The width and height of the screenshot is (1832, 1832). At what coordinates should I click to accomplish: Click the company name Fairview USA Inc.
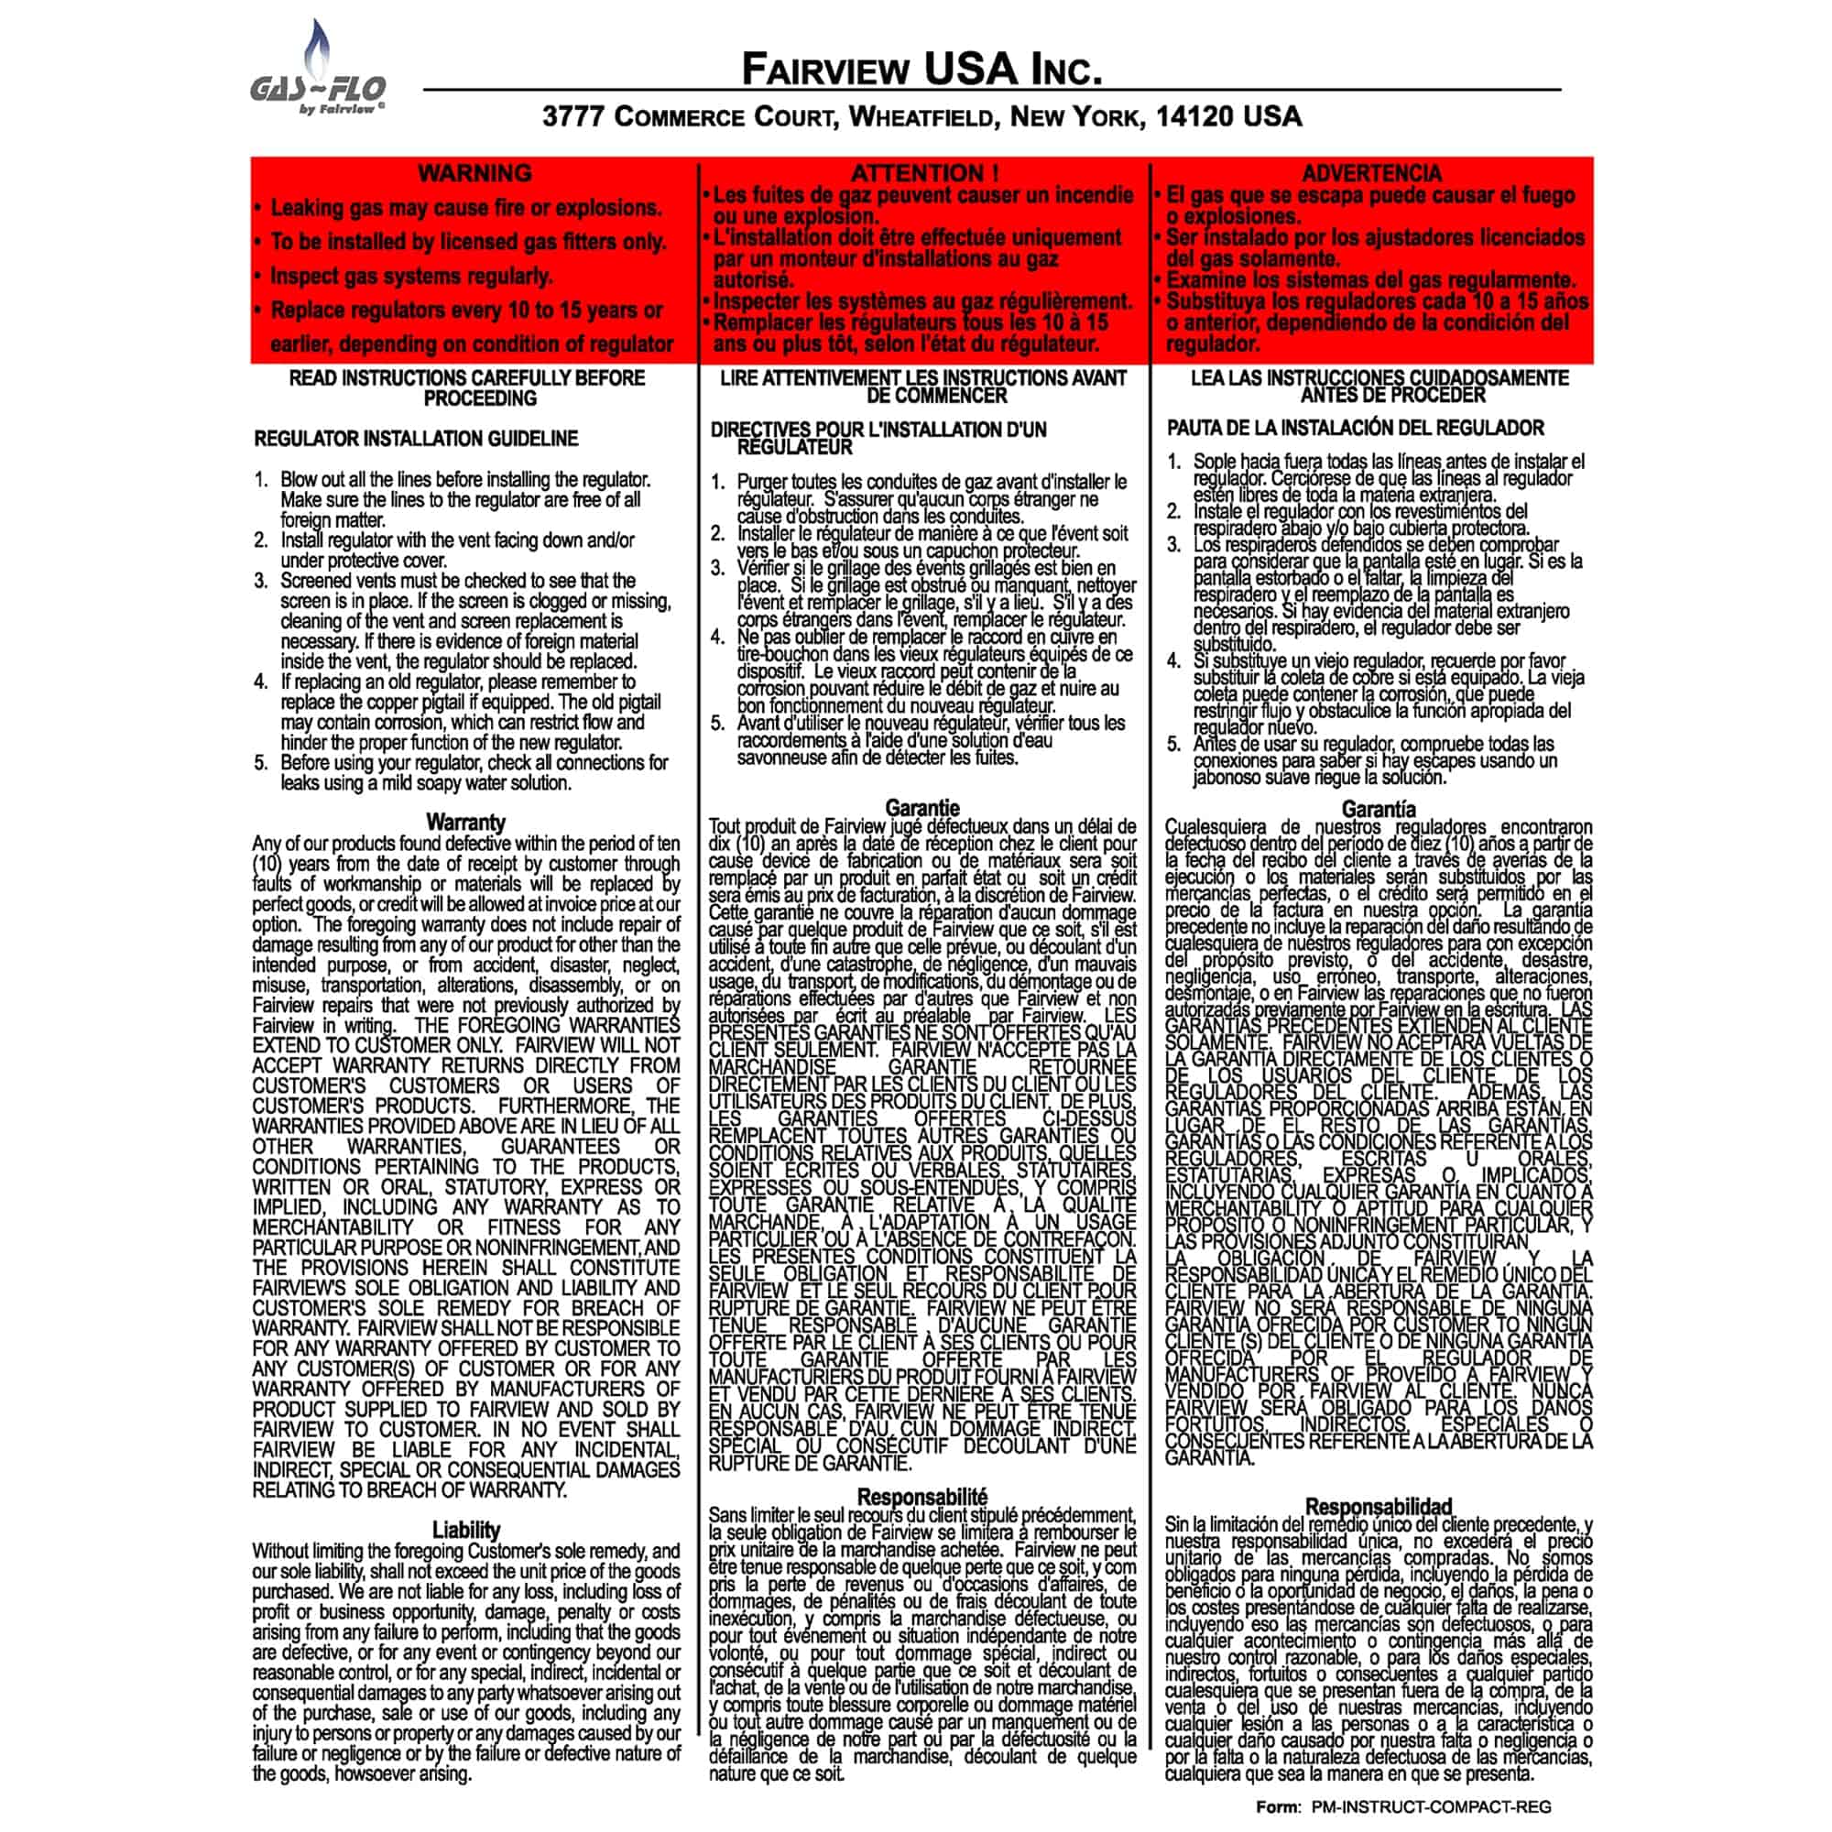[921, 70]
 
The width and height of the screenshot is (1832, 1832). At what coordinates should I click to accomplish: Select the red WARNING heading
[474, 173]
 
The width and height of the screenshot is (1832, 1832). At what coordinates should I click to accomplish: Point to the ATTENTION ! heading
[923, 173]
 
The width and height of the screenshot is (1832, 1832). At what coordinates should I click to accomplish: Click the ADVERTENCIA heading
[1371, 173]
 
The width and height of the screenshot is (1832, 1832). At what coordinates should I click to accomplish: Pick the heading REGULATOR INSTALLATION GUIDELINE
[415, 439]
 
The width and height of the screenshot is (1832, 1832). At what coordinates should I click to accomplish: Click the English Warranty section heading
[465, 823]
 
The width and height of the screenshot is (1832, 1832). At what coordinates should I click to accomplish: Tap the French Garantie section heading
[922, 808]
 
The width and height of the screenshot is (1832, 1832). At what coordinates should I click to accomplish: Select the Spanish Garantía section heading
[1379, 809]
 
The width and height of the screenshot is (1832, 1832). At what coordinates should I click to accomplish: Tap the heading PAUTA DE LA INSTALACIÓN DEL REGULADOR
[1356, 428]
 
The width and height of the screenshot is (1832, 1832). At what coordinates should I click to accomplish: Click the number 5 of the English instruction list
[261, 763]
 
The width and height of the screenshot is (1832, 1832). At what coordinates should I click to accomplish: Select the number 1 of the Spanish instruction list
[1174, 462]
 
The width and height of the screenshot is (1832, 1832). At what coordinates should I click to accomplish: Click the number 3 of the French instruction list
[718, 568]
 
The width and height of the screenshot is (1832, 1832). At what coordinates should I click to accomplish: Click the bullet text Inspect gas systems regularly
[411, 276]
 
